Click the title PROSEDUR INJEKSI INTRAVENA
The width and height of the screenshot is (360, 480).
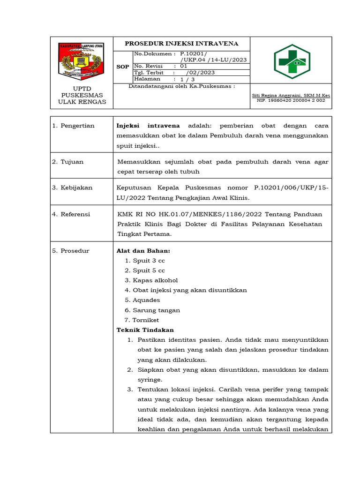(181, 44)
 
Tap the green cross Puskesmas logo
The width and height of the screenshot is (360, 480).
(291, 61)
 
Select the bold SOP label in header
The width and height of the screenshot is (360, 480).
(122, 67)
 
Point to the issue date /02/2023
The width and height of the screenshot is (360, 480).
(200, 73)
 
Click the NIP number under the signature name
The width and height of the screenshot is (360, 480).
(291, 100)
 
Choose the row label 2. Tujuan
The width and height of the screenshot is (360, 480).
(68, 162)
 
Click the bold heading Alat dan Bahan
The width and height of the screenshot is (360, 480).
(140, 251)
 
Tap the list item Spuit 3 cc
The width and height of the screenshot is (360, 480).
(149, 261)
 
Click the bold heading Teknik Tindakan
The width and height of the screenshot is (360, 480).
(145, 330)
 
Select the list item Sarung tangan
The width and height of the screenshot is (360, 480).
(157, 310)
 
